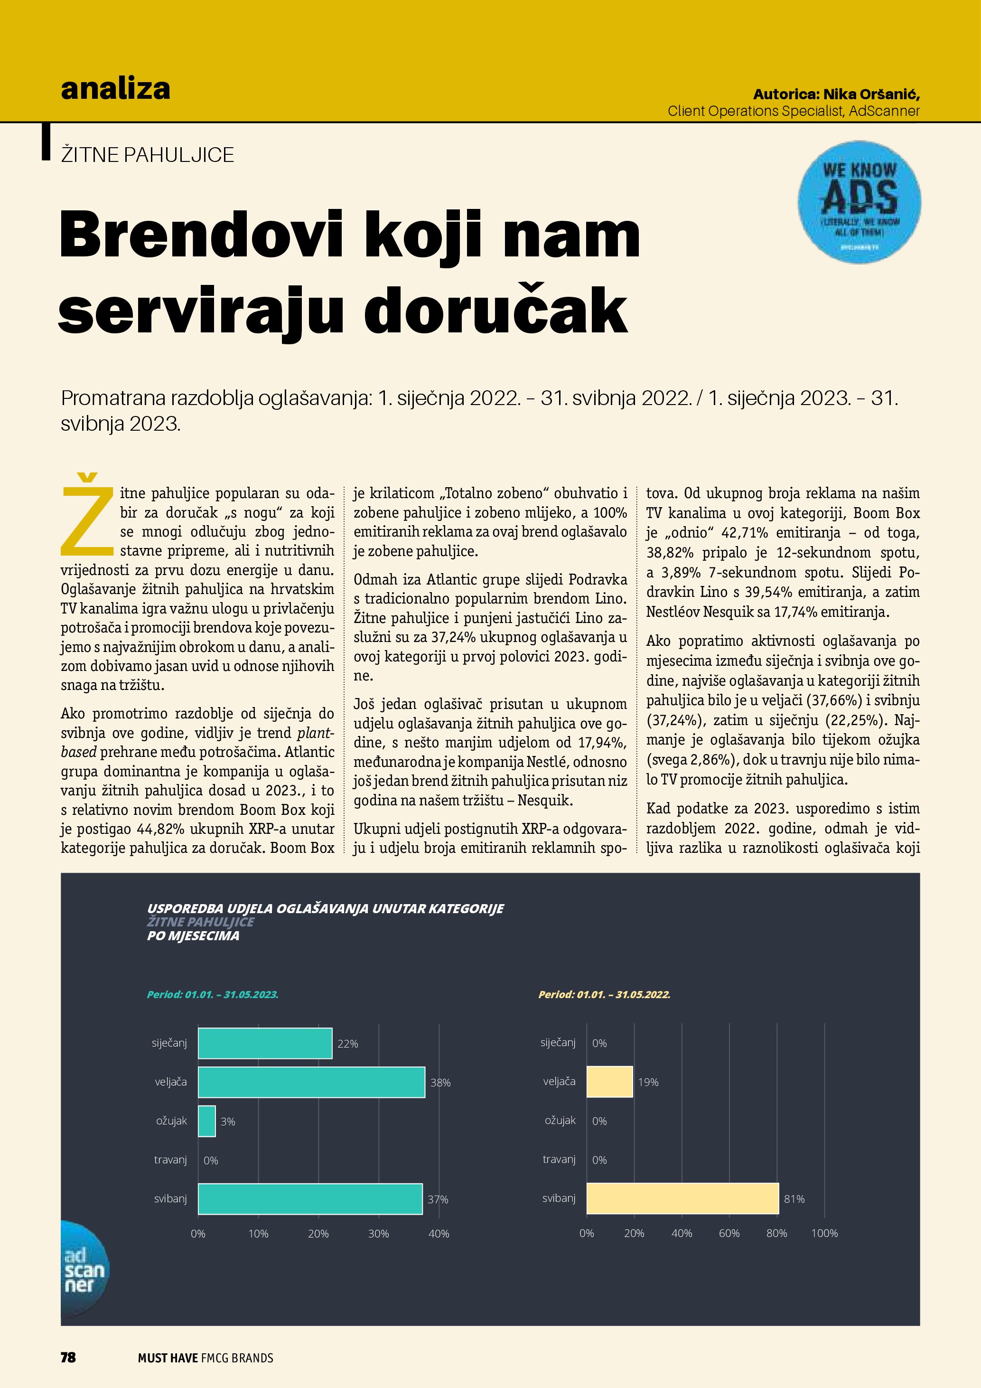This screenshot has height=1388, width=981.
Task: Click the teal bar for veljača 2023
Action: tap(311, 1082)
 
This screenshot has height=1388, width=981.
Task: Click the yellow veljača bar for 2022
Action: tap(609, 1082)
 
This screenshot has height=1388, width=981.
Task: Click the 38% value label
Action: tap(440, 1083)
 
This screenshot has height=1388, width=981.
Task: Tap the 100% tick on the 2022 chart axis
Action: tap(824, 1233)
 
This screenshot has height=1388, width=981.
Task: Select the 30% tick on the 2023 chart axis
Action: tap(379, 1234)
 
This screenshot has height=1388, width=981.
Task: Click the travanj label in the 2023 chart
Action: tap(170, 1160)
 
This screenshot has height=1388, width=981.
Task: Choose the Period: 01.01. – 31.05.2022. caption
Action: tap(604, 994)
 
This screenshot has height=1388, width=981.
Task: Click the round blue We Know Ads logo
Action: tap(859, 202)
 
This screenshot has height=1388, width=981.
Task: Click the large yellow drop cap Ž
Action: tap(88, 515)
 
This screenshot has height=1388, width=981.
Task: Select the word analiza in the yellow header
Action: tap(115, 89)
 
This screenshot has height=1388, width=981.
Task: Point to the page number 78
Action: tap(68, 1357)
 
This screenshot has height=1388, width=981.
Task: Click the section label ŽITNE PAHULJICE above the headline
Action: tap(148, 155)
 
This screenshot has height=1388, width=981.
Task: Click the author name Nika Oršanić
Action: tap(870, 94)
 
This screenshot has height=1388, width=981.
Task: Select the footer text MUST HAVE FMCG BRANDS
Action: tap(206, 1358)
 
